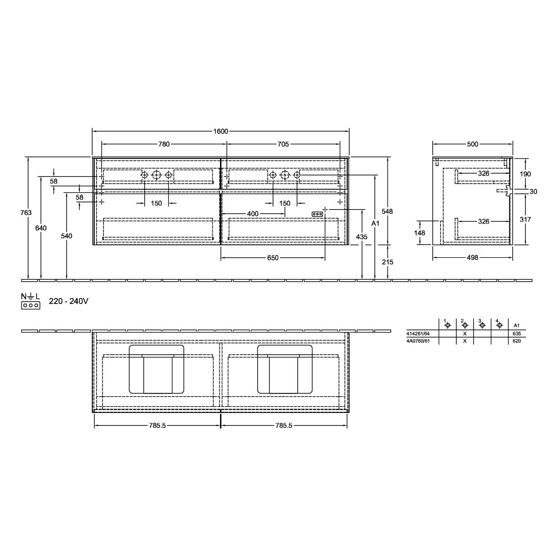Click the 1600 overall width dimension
[220, 132]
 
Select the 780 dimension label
[164, 144]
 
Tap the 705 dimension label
[283, 144]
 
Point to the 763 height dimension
[26, 213]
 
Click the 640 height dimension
[41, 228]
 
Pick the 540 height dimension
[67, 236]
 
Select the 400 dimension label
[253, 214]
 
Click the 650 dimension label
[273, 258]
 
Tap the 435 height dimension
[362, 237]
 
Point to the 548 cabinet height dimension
[387, 211]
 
